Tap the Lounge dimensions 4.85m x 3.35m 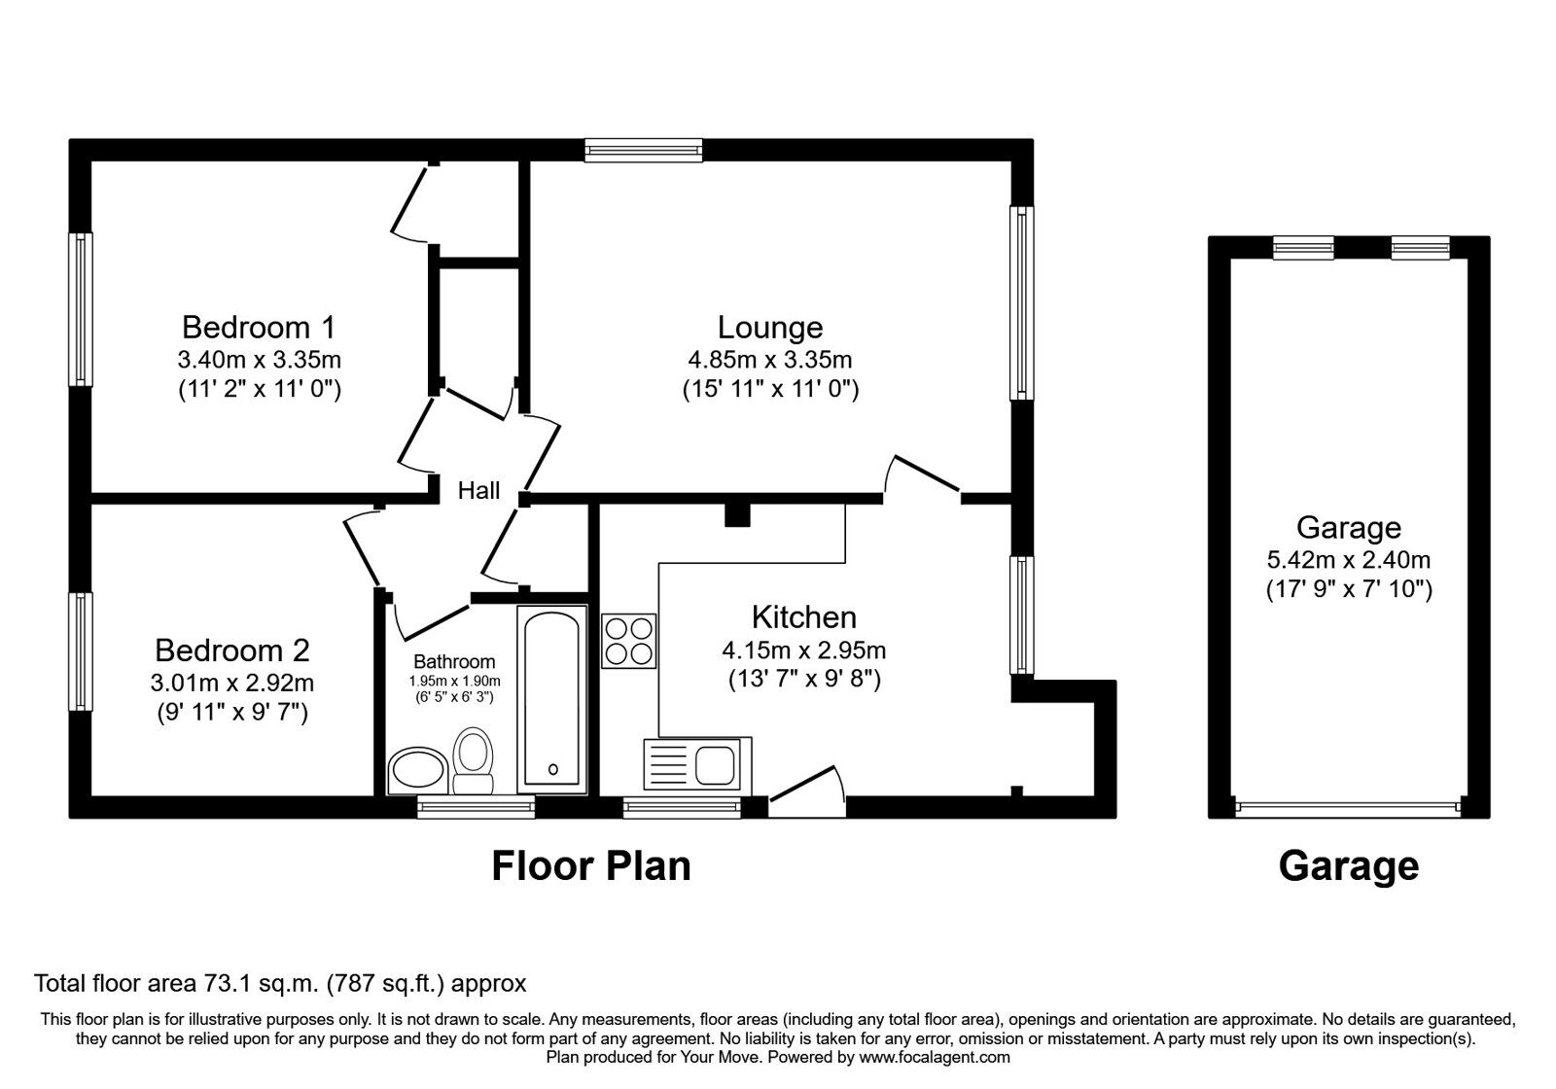pos(769,359)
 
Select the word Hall pos(478,491)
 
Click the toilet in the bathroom pos(474,760)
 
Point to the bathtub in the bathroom pos(551,696)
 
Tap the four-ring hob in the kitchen pos(628,641)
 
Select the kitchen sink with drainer pos(696,763)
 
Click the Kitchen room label pos(803,616)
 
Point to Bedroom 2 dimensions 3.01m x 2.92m pos(232,683)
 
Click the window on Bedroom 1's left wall pos(81,309)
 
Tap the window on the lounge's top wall pos(643,149)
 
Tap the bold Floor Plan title pos(590,864)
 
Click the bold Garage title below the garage pos(1348,864)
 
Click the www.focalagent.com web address pos(934,1057)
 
